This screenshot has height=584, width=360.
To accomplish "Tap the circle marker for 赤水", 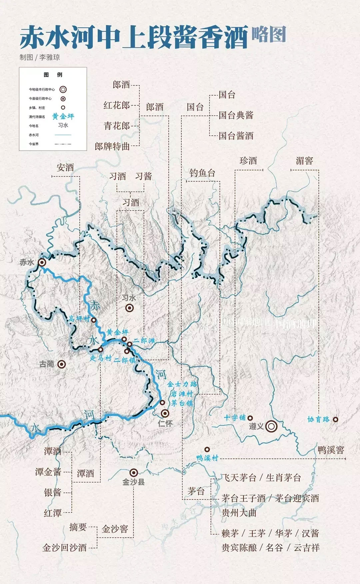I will pos(42,262).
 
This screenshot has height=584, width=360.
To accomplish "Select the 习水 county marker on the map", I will pos(129,308).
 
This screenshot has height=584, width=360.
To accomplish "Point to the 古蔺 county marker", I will pos(61,364).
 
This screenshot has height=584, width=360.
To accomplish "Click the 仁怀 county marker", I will pos(165,414).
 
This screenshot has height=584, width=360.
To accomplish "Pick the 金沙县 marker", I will pos(134,472).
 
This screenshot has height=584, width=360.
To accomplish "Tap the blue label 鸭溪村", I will pos(207,458).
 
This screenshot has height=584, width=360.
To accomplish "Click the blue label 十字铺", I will pos(235,418).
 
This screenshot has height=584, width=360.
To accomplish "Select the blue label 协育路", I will pos(318,419).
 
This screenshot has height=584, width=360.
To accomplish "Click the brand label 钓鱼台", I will pos(202,173).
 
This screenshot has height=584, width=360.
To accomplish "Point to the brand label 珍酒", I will pos(248,161).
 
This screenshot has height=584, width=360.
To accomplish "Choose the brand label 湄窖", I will pos(304,161).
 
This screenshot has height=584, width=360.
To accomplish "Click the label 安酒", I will pos(65,167).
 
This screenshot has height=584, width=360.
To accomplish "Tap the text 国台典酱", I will pos(236,115).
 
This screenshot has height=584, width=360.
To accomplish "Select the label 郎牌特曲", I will pos(112,146).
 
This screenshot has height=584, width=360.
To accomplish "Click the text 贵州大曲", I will pos(239,513).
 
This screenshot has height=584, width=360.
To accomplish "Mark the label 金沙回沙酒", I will pos(65,547).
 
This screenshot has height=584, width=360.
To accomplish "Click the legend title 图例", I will pos(53,75).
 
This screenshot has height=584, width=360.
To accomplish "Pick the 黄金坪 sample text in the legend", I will pos(63,116).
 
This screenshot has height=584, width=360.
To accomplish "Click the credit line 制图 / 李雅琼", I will pos(40,57).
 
